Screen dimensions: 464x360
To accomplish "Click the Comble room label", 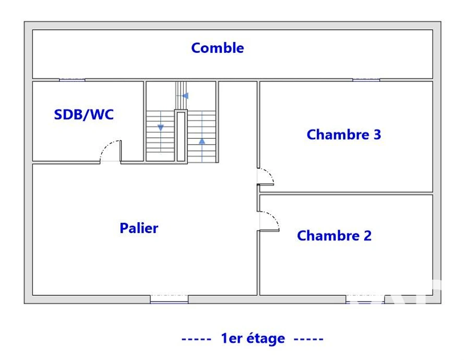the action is click(x=218, y=48).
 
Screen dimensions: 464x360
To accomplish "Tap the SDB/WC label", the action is click(x=84, y=115).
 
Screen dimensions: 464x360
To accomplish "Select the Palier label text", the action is click(x=139, y=228).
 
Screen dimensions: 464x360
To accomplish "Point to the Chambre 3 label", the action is click(x=343, y=135).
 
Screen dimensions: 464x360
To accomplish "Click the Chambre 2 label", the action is click(x=334, y=236).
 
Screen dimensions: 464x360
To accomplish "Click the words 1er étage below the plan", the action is click(x=253, y=339).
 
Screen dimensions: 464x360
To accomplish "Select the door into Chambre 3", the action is click(x=266, y=176).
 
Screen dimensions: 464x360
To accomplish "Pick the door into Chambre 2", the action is click(x=268, y=221).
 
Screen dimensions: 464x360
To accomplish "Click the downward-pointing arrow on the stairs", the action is click(x=161, y=128).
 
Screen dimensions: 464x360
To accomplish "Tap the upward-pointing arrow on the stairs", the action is click(x=202, y=141).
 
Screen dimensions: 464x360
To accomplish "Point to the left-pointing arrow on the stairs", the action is click(x=185, y=96).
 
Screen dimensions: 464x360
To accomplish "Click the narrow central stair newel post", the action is click(x=181, y=136).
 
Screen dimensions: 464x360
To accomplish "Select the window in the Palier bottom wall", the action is click(x=169, y=299).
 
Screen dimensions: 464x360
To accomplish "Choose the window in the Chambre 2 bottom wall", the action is click(x=365, y=299).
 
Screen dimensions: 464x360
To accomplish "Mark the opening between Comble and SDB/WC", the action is click(x=72, y=80).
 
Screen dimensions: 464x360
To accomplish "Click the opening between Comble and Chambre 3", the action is click(x=366, y=80).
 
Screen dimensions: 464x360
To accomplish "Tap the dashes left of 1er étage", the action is click(x=196, y=339).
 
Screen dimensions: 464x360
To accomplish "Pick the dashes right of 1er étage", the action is click(x=308, y=339).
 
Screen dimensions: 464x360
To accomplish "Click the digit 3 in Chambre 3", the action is click(x=377, y=135).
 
